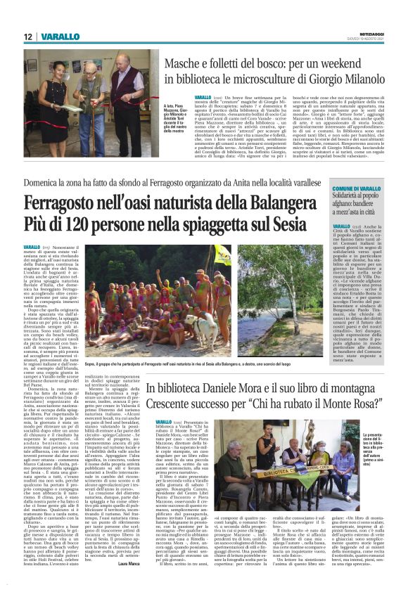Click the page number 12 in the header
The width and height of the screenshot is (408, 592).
pyautogui.click(x=28, y=37)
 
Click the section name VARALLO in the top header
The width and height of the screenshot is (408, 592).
pyautogui.click(x=59, y=37)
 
